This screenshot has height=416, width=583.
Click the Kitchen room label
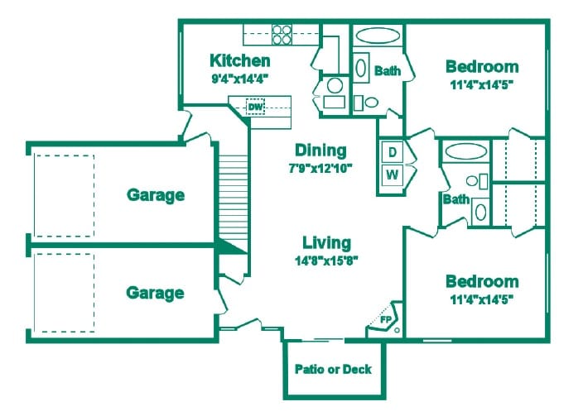239,60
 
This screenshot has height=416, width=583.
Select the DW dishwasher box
256,108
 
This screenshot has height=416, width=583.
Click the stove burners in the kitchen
282,34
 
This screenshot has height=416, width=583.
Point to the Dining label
320,151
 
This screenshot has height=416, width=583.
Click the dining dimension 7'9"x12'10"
320,168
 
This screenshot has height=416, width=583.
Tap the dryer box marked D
391,151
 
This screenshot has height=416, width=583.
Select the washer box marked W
391,175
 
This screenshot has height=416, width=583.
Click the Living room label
325,243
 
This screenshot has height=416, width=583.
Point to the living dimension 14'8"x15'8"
325,261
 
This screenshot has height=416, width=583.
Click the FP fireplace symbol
385,318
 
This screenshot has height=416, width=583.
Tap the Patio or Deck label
333,370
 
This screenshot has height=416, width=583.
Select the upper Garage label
155,195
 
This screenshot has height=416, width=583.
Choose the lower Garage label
155,293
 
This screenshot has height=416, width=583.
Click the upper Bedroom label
482,66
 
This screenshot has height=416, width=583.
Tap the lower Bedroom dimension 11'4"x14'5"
482,299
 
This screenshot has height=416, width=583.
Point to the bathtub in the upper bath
378,37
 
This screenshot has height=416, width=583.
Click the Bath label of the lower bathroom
455,199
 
